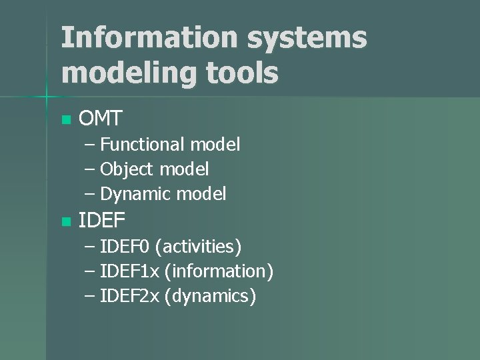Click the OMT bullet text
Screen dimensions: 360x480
tap(100, 119)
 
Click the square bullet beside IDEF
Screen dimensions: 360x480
tap(65, 221)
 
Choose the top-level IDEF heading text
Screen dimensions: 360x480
tap(101, 221)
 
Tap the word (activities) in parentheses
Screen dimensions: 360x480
tap(198, 247)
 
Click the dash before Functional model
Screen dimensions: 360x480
tap(90, 145)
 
